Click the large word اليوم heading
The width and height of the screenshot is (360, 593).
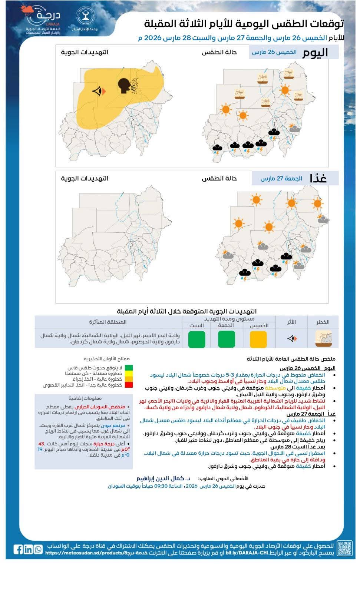coord(315,52)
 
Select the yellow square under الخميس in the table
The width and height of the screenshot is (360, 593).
coord(258,339)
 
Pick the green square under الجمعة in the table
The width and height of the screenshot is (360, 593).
coord(226,339)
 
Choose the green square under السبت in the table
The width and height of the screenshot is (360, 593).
coord(196,339)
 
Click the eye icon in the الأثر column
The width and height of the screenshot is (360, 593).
coord(292,338)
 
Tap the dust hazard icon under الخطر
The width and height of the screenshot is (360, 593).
coord(323,338)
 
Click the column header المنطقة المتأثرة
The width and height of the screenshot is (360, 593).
coord(108,322)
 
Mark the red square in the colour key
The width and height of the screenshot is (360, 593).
coord(129,385)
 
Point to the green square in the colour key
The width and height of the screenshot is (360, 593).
coord(129,368)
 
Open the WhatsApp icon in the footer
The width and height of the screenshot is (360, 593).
coord(38,549)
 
